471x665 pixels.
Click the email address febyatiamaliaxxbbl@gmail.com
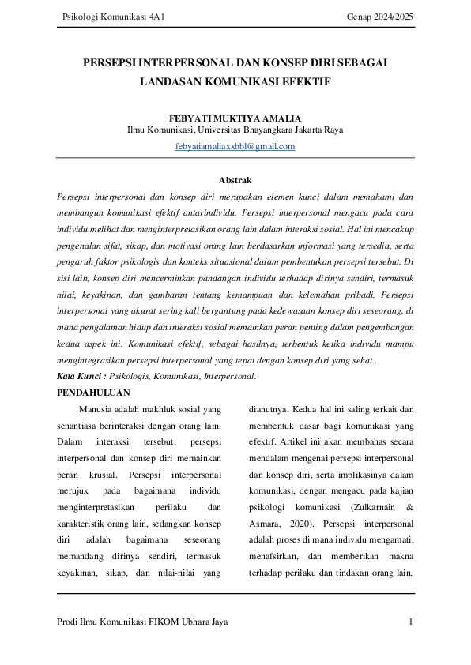point(236,146)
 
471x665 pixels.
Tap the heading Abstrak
point(236,180)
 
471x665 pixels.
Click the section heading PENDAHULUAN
point(94,393)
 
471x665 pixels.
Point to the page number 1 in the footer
point(411,622)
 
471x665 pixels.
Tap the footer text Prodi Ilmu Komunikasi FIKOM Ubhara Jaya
point(143,622)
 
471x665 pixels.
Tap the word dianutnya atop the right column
point(268,409)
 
